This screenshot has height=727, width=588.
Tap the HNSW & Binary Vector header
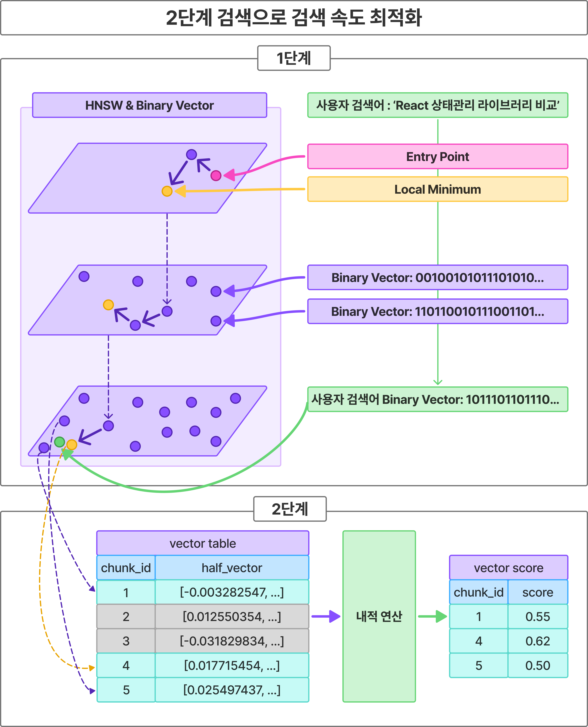pos(149,105)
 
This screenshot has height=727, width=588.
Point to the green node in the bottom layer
pos(60,442)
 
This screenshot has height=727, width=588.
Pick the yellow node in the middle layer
pos(108,305)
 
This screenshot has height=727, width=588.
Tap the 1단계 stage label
pos(294,58)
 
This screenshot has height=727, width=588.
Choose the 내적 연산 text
pos(379,616)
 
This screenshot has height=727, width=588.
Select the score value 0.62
pos(538,641)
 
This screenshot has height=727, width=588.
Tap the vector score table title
pos(508,568)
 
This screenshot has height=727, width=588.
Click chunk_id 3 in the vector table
pos(126,641)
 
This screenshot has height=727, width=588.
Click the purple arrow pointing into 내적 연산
pos(326,616)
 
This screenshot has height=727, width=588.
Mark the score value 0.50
pos(538,665)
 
